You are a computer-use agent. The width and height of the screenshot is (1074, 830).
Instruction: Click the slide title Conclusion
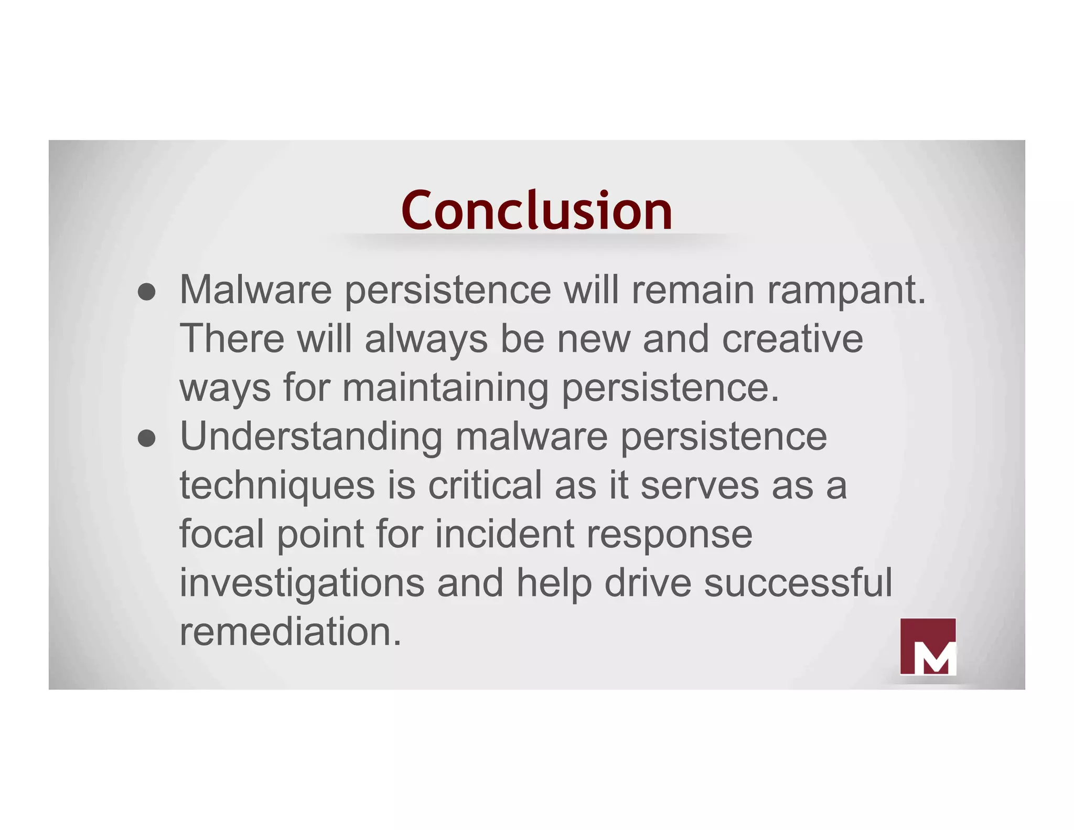click(x=536, y=211)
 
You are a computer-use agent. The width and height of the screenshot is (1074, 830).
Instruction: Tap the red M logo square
click(x=928, y=646)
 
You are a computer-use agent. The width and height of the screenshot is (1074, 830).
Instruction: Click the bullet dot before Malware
click(x=147, y=293)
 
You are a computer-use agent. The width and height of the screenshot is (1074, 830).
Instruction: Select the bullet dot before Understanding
click(x=147, y=439)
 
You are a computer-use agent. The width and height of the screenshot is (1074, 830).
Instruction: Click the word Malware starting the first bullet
click(x=255, y=290)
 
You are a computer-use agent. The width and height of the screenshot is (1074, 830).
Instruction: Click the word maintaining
click(x=445, y=388)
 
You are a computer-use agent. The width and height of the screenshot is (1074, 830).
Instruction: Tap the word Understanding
click(x=311, y=437)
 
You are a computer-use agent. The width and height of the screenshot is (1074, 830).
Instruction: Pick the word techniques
click(x=277, y=486)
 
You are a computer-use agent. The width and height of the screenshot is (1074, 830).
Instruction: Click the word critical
click(x=485, y=485)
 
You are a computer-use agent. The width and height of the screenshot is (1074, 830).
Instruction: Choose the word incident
click(x=504, y=534)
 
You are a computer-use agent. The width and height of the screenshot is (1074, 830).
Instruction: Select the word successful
click(x=797, y=582)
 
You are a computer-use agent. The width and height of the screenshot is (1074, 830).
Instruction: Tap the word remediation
click(x=290, y=632)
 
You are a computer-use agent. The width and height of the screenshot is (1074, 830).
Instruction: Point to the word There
click(x=232, y=339)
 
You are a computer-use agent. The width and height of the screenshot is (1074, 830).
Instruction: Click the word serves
click(x=699, y=486)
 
